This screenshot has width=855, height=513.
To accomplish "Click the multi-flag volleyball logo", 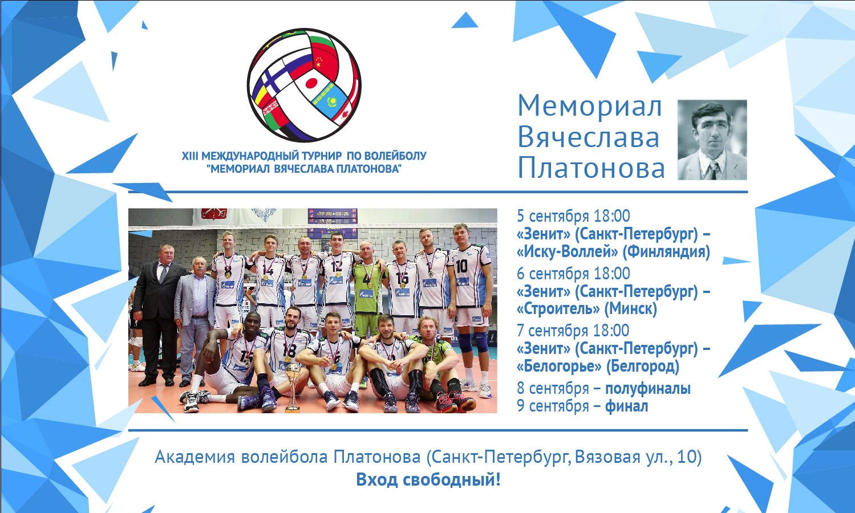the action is pyautogui.click(x=304, y=85).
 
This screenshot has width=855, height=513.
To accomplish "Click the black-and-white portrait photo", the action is pyautogui.click(x=712, y=140).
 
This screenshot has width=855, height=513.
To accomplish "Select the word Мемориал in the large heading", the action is pyautogui.click(x=590, y=106).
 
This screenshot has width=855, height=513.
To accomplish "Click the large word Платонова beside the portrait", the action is pyautogui.click(x=591, y=168).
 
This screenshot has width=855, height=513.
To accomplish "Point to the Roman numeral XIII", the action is pyautogui.click(x=190, y=156).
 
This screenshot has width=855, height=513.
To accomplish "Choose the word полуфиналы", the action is pyautogui.click(x=648, y=389).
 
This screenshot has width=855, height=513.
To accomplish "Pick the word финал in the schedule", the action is pyautogui.click(x=626, y=406).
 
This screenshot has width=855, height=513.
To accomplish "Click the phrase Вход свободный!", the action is pyautogui.click(x=428, y=480).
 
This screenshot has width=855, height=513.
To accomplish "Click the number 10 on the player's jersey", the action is pyautogui.click(x=461, y=266).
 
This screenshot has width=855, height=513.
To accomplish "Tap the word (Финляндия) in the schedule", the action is pyautogui.click(x=666, y=252).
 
